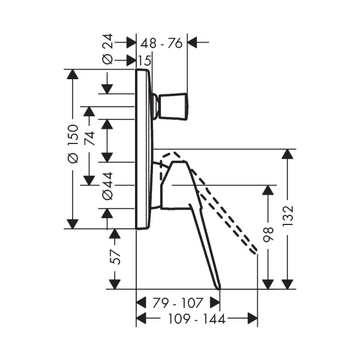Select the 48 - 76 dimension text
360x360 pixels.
pos(161,43)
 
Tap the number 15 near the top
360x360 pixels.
pos(145,61)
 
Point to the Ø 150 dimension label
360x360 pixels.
pos(73,144)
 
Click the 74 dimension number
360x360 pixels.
pos(89,138)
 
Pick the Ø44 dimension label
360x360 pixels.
pos(107,186)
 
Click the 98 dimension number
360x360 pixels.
pos(268,235)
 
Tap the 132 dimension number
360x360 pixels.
pos(288,216)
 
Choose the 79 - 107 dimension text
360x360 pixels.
pos(178,303)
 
